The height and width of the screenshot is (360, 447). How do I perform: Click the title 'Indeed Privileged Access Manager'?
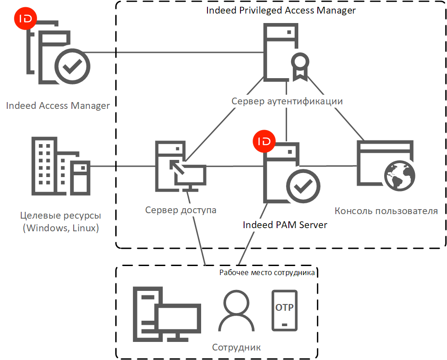click(281, 10)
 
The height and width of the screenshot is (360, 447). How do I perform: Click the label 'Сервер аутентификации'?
click(287, 101)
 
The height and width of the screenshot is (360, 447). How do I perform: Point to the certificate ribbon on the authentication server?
click(300, 65)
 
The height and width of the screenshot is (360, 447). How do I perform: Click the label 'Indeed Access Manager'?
click(58, 106)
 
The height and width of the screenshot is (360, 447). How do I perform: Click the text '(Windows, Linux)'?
click(61, 228)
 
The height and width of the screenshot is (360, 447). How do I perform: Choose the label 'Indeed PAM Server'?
click(285, 224)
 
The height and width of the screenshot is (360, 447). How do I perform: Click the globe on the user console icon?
click(399, 178)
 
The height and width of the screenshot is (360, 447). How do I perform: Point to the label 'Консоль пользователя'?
click(386, 210)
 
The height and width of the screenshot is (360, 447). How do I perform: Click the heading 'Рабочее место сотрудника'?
click(267, 272)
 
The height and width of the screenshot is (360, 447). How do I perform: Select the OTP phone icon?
click(284, 310)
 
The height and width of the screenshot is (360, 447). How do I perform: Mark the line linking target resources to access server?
click(122, 166)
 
